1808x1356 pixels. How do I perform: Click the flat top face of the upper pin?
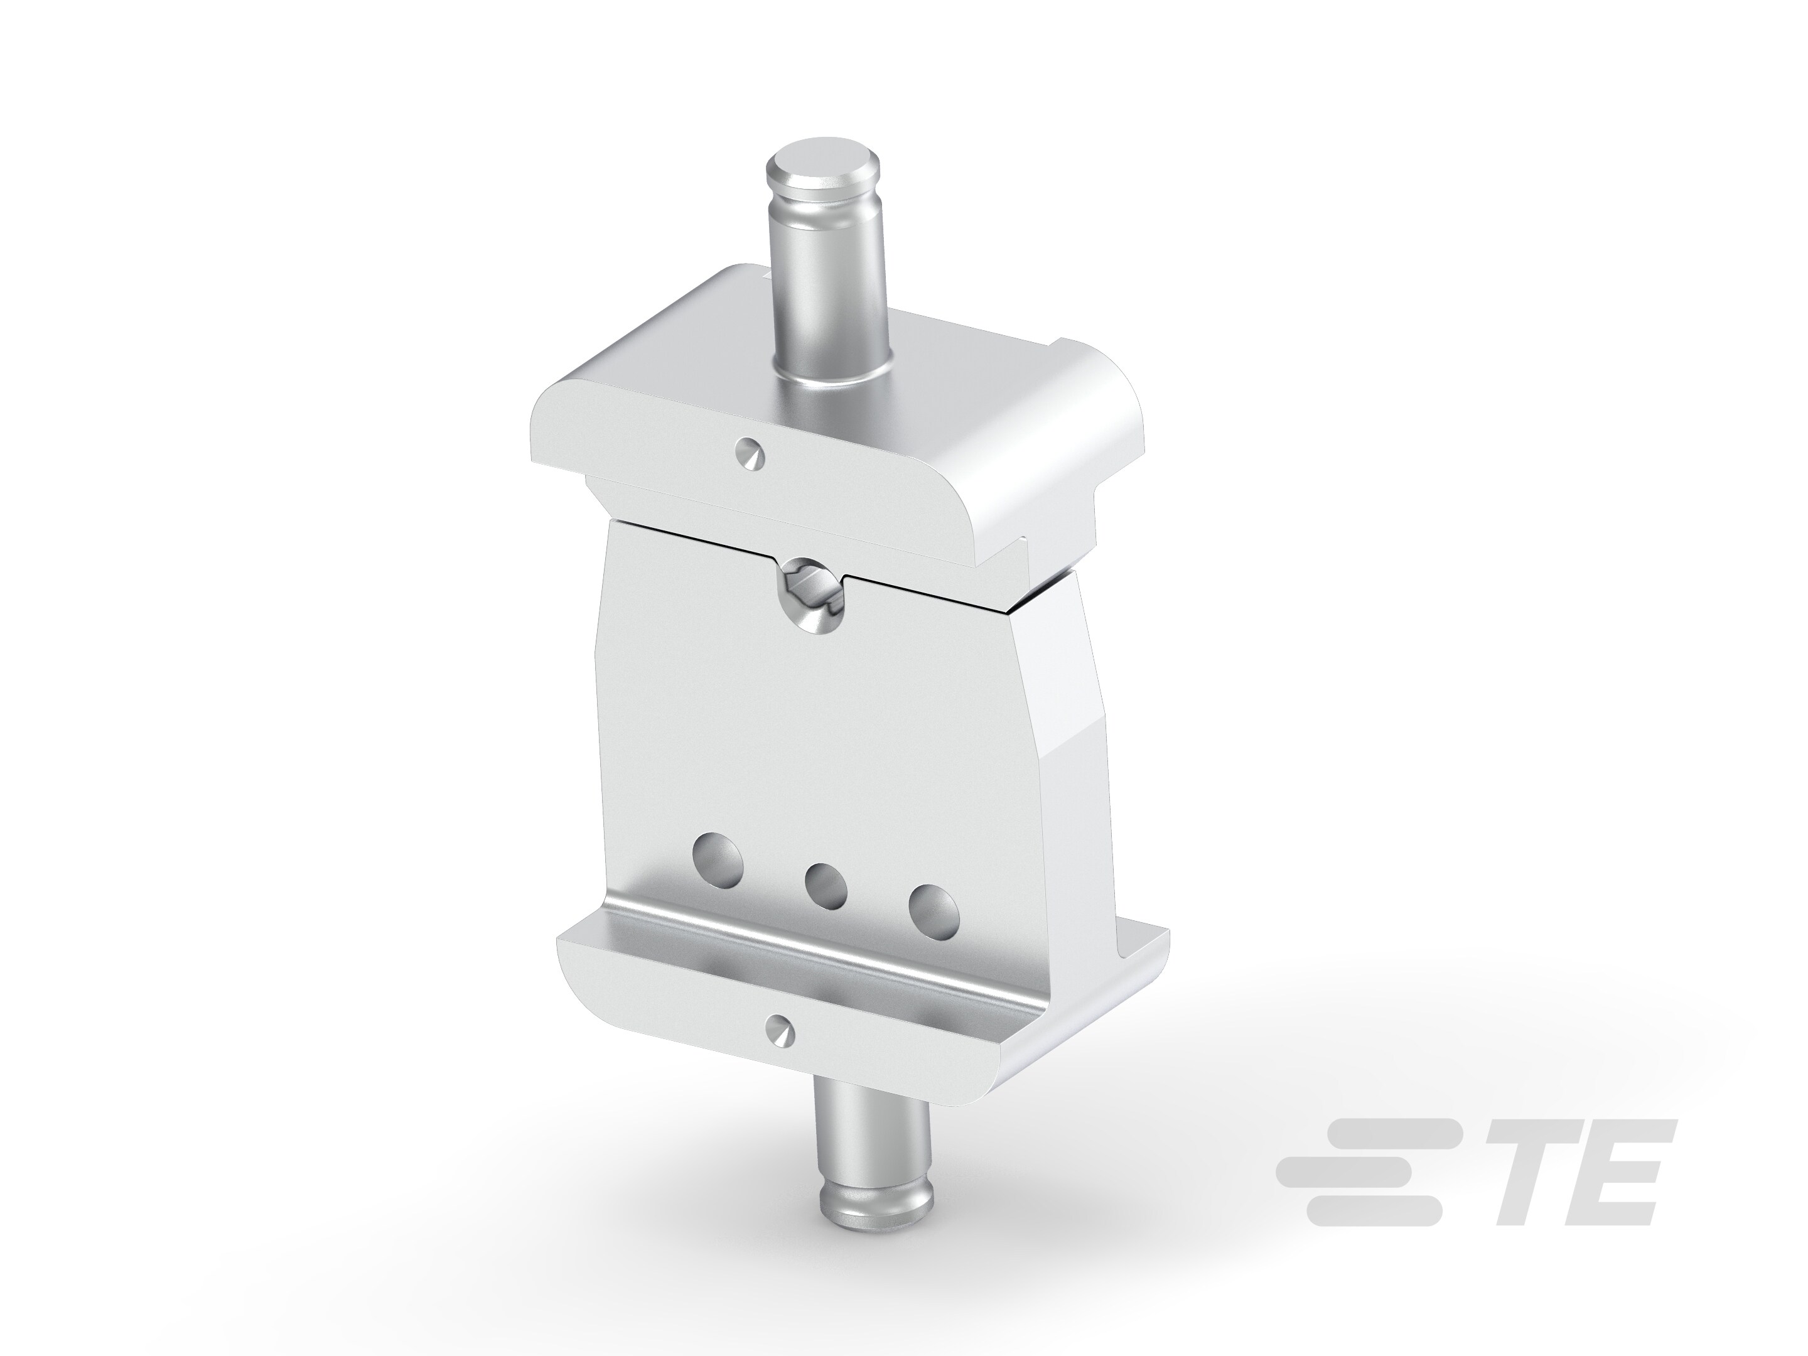tap(818, 168)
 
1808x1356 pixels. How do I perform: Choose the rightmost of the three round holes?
tap(934, 908)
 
